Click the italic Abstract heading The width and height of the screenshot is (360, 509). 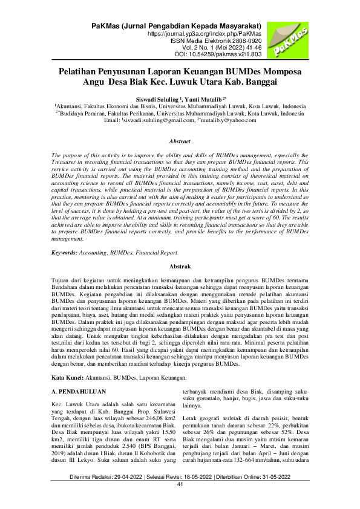click(180, 141)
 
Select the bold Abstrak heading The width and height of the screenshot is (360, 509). click(180, 266)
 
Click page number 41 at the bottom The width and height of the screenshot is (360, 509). click(180, 501)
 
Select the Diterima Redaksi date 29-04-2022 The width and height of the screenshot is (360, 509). click(130, 494)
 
